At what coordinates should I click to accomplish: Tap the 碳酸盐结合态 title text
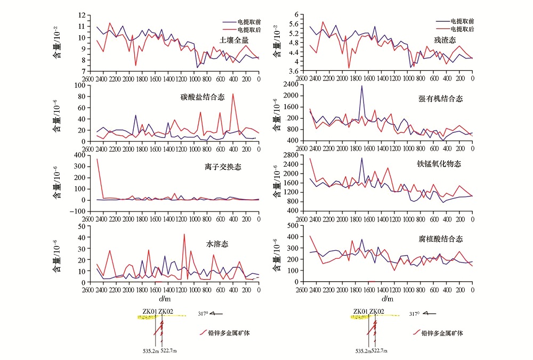[203, 97]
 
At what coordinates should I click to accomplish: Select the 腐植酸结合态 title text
[441, 239]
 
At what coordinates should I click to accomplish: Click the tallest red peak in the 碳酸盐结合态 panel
[233, 94]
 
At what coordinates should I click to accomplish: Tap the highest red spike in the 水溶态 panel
[184, 234]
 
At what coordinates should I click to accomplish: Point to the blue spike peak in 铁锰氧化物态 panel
[362, 158]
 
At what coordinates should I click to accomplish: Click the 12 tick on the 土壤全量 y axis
[82, 15]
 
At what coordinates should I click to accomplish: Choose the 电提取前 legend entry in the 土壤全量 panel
[242, 22]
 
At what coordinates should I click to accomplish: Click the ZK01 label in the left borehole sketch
[150, 311]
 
